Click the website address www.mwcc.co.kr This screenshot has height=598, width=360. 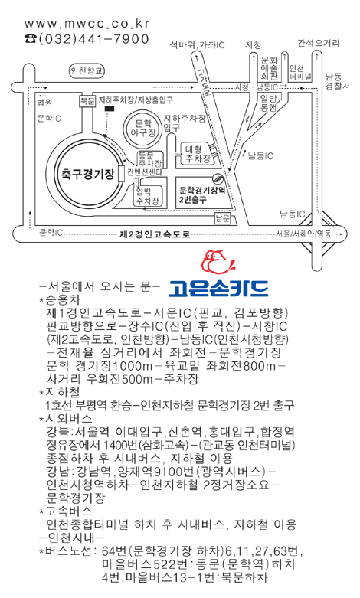point(87,24)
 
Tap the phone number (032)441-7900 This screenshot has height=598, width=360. point(87,39)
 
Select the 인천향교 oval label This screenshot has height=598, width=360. point(87,71)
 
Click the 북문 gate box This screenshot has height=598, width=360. point(87,101)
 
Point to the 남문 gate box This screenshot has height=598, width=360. point(223,219)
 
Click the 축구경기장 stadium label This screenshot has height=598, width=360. point(88,175)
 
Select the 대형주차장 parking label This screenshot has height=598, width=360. point(198,154)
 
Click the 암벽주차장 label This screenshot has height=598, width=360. point(147,196)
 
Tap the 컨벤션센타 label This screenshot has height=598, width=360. point(145,172)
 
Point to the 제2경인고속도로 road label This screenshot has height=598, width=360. point(155,234)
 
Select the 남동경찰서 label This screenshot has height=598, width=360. point(337,81)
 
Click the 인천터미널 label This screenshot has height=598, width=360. point(300,73)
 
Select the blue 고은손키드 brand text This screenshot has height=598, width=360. point(218,289)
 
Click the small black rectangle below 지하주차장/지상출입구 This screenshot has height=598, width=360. point(110,109)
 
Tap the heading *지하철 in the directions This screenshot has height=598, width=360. point(59,393)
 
